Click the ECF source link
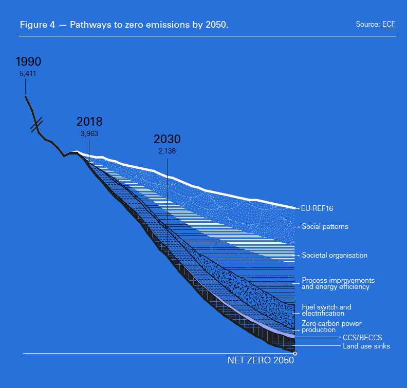389,25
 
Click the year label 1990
28,62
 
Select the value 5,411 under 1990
28,74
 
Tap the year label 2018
89,122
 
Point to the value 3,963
89,133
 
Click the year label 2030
167,139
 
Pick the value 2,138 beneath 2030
167,151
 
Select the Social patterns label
325,226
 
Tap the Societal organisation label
335,255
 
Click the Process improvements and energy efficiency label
338,284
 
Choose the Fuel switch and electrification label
326,310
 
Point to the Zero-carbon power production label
331,327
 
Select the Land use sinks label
366,346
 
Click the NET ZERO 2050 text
261,360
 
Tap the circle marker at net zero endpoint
295,353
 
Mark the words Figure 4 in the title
37,25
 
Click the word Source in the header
367,25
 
